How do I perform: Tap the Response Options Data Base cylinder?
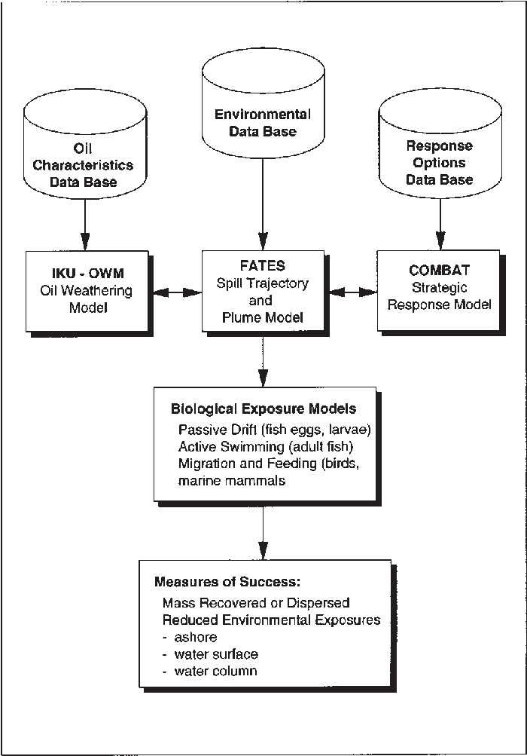440,155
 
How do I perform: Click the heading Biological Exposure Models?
263,409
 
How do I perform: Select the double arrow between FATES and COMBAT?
351,290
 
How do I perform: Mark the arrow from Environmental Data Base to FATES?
262,211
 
